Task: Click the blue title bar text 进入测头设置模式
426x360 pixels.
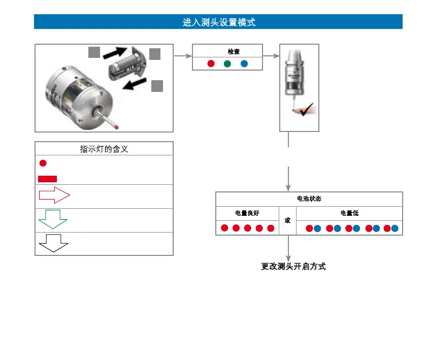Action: pos(218,22)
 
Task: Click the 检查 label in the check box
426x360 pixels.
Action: pos(234,52)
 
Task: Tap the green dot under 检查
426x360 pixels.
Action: pos(227,64)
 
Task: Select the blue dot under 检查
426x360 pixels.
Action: pos(244,64)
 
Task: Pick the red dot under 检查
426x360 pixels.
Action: pos(211,64)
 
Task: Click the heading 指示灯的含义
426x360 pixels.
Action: pos(104,149)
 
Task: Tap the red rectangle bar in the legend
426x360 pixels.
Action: pos(47,178)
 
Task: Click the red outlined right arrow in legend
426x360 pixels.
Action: pos(54,195)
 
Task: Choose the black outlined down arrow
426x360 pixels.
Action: pos(53,244)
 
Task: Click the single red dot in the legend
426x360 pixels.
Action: pos(43,163)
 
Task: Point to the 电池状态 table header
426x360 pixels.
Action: pos(309,199)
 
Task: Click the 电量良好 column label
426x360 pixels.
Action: pos(247,213)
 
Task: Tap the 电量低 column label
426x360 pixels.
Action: pos(349,213)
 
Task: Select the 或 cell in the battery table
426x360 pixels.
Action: pos(287,220)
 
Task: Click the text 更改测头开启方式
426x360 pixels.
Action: pos(293,267)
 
